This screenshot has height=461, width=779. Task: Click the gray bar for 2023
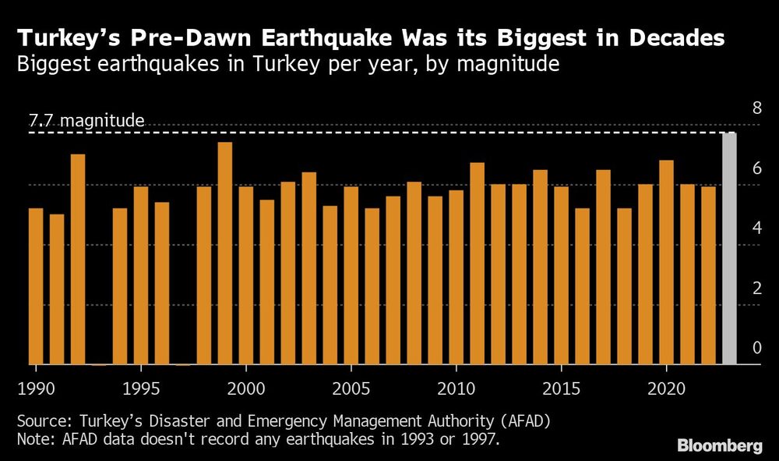729,248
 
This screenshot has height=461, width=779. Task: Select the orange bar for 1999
224,253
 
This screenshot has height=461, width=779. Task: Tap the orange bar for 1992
78,259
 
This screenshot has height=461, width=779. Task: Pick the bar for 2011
477,263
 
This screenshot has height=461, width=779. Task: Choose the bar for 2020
666,262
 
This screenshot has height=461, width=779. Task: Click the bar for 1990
36,285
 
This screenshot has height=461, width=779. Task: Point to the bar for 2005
351,275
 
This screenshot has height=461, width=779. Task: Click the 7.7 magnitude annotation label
86,121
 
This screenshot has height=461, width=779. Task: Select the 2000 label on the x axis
246,388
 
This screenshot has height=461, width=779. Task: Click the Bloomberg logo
719,446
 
